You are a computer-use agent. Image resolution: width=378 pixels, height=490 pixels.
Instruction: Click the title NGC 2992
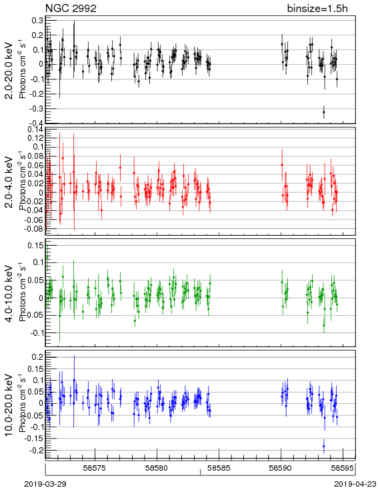[71, 8]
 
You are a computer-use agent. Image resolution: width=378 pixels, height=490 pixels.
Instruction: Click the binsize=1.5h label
[317, 8]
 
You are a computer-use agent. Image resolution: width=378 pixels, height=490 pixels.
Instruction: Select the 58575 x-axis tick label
[95, 468]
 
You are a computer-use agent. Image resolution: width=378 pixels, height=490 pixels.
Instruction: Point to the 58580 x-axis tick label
[157, 468]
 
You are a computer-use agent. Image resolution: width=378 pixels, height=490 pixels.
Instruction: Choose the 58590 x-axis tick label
[281, 468]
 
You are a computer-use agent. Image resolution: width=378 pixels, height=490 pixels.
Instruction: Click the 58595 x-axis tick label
[343, 468]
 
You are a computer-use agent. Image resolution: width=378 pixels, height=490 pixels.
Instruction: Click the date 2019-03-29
[45, 484]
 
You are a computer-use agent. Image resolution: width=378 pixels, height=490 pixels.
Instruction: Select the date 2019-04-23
[355, 484]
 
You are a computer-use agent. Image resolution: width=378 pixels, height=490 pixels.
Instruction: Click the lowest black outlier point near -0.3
[324, 112]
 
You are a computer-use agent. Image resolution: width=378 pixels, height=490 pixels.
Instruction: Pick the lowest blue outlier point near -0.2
[324, 446]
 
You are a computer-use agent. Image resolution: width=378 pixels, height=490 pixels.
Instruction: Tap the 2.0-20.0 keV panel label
[10, 70]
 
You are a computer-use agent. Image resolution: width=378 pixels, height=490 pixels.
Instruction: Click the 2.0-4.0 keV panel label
[10, 182]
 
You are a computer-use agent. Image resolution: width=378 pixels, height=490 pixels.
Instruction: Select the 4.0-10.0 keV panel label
[10, 294]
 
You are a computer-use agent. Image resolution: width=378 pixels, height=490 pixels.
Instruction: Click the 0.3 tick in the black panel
[38, 20]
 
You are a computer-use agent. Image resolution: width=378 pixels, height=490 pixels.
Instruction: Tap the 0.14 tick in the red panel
[36, 130]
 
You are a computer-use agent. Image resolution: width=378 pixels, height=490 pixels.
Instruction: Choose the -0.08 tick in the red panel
[35, 229]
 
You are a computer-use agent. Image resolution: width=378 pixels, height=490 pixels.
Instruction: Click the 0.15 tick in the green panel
[36, 246]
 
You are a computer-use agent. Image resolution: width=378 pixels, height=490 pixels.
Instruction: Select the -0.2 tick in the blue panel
[37, 451]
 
